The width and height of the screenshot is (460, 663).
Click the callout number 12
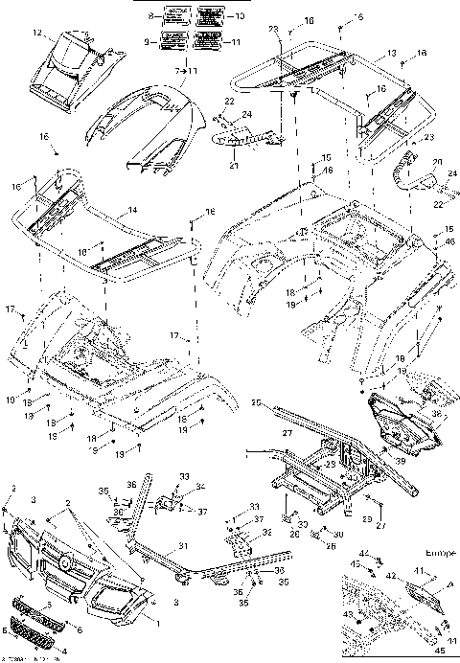36,34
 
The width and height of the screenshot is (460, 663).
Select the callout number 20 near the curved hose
435,162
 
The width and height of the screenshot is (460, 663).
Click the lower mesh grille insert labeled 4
35,634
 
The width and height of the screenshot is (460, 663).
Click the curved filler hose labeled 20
402,175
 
